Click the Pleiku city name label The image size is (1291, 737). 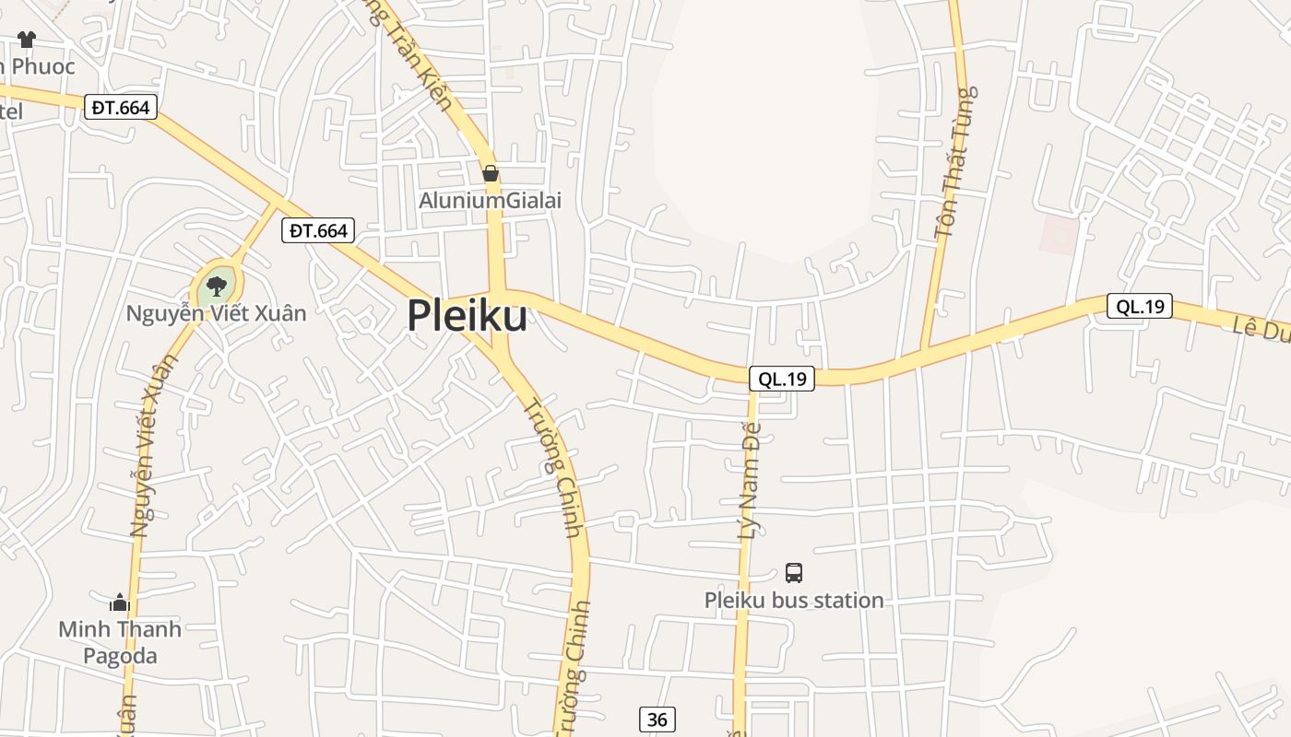coord(467,316)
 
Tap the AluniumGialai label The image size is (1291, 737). coord(490,200)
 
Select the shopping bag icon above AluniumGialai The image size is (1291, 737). coord(491,173)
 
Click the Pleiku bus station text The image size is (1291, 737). coord(794,601)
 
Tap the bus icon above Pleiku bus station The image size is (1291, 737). coord(794,573)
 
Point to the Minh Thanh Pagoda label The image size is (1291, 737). coord(120,642)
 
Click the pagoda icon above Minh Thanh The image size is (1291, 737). coord(120,603)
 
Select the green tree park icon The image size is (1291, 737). coord(217,286)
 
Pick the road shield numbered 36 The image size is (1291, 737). coord(657,719)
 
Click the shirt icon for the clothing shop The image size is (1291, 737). coord(26,40)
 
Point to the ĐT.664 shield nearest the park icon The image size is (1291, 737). coord(318,230)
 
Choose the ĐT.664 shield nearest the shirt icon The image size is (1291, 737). coord(121,108)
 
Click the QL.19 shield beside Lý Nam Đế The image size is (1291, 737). coord(782,378)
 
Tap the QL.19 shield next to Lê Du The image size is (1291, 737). coord(1139,307)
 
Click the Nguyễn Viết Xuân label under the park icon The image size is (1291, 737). coord(216,313)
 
